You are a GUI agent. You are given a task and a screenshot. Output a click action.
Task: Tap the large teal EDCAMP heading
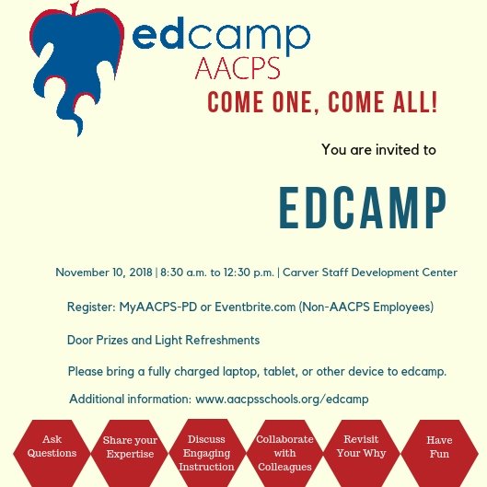tap(363, 209)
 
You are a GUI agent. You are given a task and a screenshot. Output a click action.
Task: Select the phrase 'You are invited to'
tap(378, 149)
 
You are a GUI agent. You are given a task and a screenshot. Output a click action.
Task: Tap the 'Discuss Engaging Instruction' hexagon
tap(206, 453)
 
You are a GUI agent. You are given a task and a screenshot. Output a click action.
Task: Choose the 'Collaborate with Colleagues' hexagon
tap(284, 453)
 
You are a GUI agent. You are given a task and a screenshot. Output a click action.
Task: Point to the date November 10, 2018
tap(104, 272)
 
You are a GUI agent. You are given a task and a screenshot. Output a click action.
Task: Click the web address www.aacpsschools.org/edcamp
tap(282, 399)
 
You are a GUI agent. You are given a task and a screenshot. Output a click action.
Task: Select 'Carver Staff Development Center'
tap(370, 272)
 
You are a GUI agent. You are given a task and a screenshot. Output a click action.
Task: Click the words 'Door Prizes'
tap(100, 340)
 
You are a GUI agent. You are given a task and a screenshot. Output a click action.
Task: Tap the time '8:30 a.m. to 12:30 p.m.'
tap(217, 272)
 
